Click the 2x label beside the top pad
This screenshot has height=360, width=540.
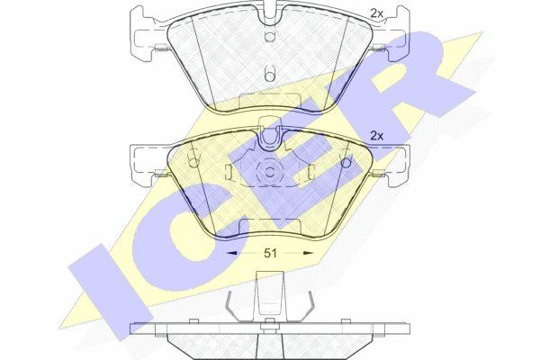(x=376, y=13)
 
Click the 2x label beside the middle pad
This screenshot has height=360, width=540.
(x=376, y=136)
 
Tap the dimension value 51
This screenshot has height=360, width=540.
(x=270, y=253)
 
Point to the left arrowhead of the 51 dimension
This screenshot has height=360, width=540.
(x=231, y=253)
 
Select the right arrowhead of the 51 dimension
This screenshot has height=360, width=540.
(x=308, y=253)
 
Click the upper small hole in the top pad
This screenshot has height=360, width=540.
(x=270, y=36)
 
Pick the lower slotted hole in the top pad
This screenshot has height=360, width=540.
(x=270, y=73)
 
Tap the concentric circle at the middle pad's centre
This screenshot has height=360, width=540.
(x=270, y=171)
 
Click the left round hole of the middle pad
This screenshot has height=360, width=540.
(x=194, y=161)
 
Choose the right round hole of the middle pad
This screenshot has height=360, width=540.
(x=345, y=162)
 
